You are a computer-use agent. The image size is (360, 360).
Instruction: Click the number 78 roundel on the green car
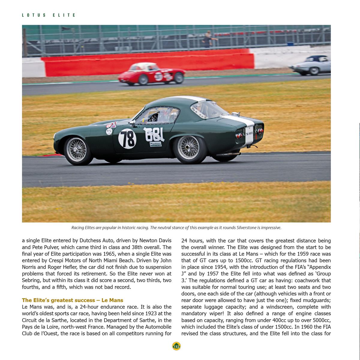click(x=127, y=139)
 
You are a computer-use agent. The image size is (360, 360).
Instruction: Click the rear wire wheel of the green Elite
click(x=188, y=147)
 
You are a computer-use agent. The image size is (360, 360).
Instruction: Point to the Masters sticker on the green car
click(x=156, y=144)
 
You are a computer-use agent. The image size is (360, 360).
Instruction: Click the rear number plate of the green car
click(x=249, y=134)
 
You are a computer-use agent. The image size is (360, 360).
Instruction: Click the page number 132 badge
click(x=176, y=346)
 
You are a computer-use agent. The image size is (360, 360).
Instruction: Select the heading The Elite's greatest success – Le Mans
click(x=73, y=300)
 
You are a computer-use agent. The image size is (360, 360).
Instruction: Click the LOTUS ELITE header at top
click(x=49, y=15)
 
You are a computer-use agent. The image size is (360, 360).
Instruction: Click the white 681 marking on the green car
click(x=155, y=135)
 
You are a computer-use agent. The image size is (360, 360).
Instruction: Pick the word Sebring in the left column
click(x=31, y=280)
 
